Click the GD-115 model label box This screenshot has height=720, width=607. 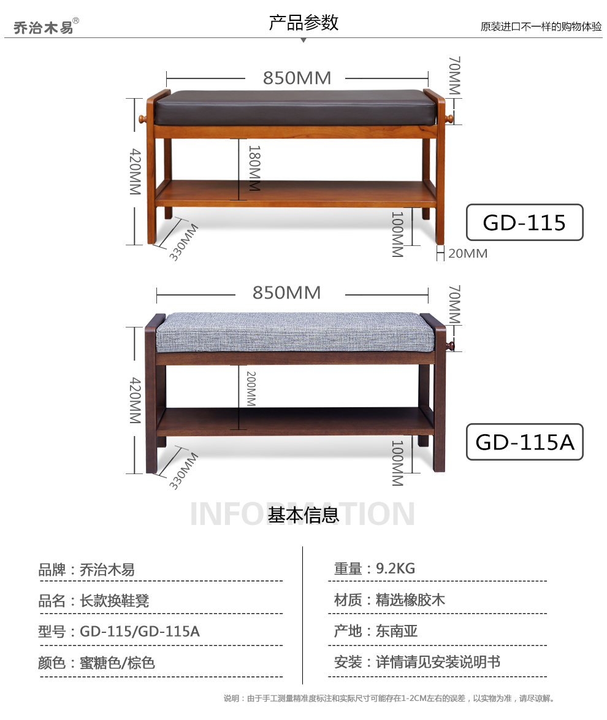pyautogui.click(x=524, y=222)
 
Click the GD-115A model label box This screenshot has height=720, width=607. pyautogui.click(x=524, y=442)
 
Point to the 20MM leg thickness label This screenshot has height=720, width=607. pyautogui.click(x=468, y=253)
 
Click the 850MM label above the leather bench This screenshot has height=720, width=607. pyautogui.click(x=297, y=79)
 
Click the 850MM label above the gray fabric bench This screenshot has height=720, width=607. pyautogui.click(x=287, y=293)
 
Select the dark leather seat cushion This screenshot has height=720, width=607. pyautogui.click(x=296, y=107)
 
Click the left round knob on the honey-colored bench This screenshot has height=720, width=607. pyautogui.click(x=141, y=118)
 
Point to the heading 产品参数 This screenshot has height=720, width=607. pyautogui.click(x=303, y=23)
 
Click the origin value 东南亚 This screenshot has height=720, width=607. pyautogui.click(x=397, y=631)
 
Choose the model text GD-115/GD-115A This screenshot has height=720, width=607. pyautogui.click(x=140, y=631)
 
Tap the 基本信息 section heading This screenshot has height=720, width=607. pyautogui.click(x=303, y=515)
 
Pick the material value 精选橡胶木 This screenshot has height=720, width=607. pyautogui.click(x=410, y=600)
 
